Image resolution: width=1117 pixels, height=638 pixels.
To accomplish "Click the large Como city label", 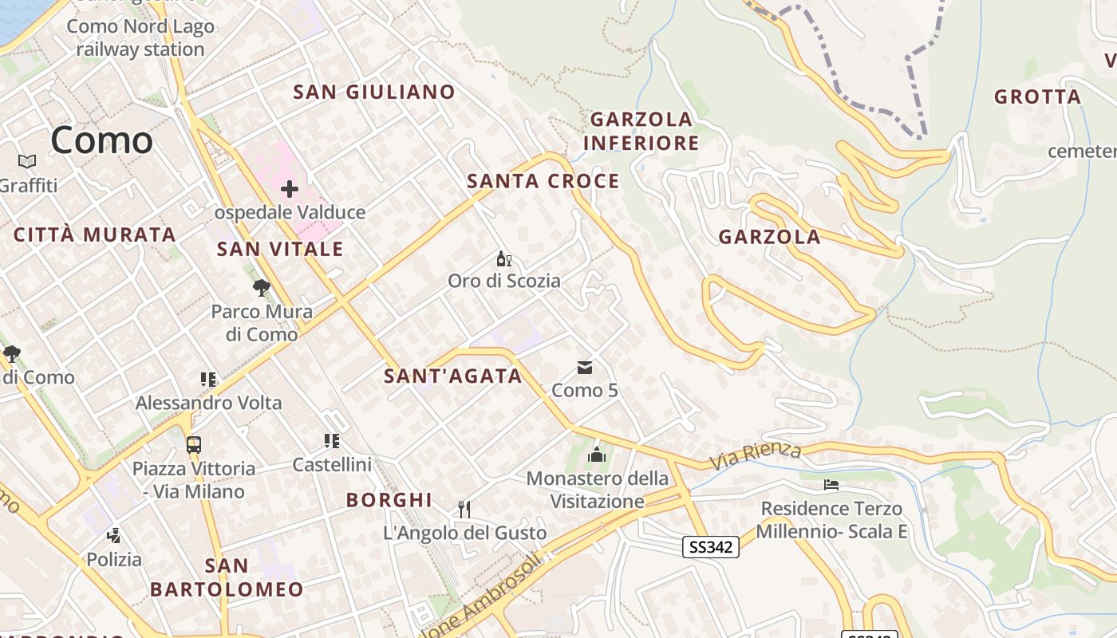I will pos(101,140).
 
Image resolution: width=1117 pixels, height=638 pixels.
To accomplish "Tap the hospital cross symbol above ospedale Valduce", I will pos(290,189).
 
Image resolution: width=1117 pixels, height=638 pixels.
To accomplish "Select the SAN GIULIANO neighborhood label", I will pos(374,92).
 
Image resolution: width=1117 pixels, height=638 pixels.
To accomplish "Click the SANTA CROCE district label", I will pos(543,181).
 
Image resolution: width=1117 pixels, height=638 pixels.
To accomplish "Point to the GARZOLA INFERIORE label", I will pos(641,132).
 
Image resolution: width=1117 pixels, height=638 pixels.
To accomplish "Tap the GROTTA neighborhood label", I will pos(1037,97).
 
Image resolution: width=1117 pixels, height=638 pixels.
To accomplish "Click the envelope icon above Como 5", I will pos(585,368).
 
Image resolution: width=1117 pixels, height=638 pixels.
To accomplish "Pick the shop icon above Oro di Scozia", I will pos(503,258).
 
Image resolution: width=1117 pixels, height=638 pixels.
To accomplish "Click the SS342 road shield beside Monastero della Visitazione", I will pos(711,546).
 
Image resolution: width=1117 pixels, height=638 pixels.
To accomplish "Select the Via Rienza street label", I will pos(755,455).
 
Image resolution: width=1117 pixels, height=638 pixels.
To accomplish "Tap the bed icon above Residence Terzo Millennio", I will pos(831,485).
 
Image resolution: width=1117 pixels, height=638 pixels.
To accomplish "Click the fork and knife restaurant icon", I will pos(464,509).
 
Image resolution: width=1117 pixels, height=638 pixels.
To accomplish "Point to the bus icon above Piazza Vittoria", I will pos(194,444).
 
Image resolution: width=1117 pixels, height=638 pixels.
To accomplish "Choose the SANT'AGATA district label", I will pos(452,376).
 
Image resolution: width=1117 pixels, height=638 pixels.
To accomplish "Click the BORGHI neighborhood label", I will pos(389,500).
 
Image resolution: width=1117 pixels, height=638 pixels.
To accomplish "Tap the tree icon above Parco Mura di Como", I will pos(261,288).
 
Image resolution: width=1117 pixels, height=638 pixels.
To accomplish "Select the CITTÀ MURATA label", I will pos(95,234).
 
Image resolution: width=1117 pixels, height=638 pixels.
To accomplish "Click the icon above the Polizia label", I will pos(114,535).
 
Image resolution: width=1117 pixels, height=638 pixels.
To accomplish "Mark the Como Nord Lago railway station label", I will pos(140,37).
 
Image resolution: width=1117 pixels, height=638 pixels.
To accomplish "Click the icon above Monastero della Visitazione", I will pos(596,455).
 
